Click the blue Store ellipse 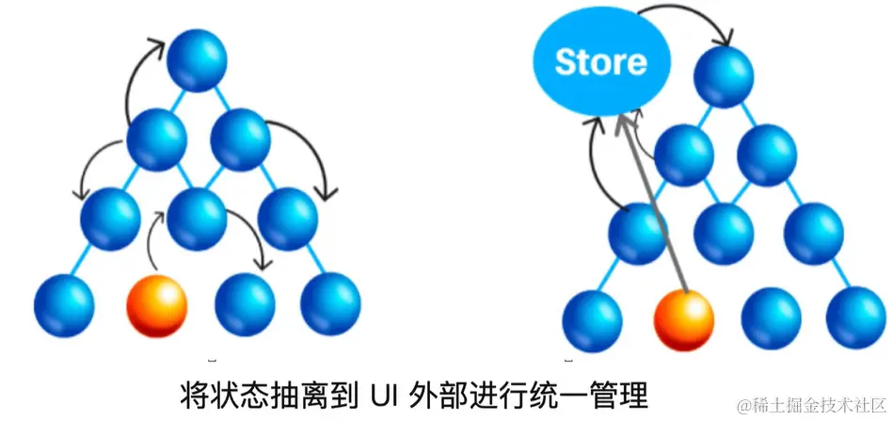click(600, 62)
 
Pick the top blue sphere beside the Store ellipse click(725, 76)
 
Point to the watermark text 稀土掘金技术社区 click(813, 404)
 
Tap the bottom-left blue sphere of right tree click(592, 319)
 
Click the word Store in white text click(600, 62)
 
